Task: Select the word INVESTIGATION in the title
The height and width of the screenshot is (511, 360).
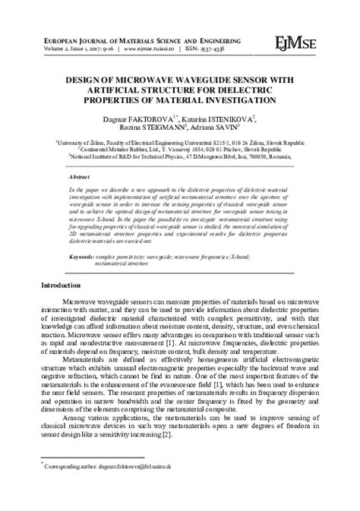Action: [246, 99]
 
